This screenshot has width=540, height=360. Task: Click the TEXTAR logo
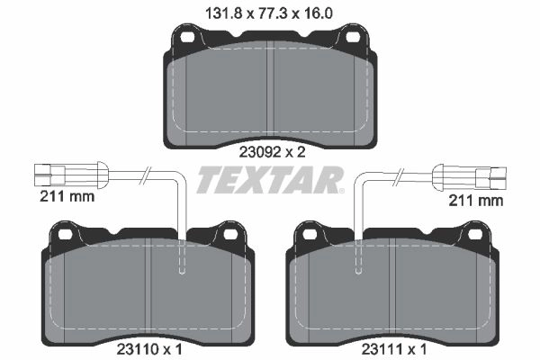[270, 179]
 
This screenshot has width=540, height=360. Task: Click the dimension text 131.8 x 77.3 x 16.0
[269, 13]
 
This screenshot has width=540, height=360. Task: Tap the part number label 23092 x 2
[272, 152]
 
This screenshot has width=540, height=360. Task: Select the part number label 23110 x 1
[149, 350]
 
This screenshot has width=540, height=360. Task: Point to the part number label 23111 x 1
[394, 350]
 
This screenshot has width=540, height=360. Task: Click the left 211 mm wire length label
[67, 197]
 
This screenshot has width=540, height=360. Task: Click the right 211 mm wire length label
[475, 201]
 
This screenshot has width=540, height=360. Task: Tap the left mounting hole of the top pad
[188, 37]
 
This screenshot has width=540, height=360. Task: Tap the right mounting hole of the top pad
[352, 37]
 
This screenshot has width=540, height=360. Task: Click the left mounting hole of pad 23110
[65, 235]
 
